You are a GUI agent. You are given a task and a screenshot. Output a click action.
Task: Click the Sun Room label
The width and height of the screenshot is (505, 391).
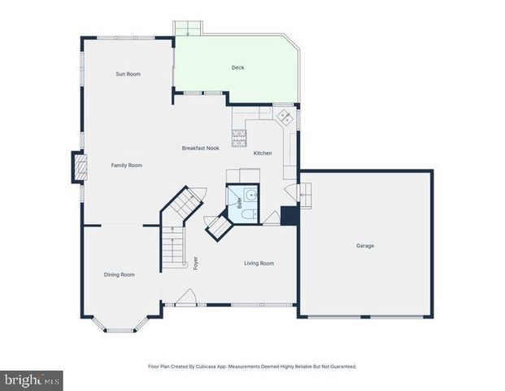128,74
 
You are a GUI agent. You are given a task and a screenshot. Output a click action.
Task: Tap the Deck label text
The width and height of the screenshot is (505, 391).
237,68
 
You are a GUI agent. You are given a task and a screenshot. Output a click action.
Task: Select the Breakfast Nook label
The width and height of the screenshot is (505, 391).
200,148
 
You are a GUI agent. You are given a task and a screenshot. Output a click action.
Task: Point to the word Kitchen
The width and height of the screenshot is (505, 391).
263,153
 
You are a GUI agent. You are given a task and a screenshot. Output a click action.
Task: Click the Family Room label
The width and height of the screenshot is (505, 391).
127,165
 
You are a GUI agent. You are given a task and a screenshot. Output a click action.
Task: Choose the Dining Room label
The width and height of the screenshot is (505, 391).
119,275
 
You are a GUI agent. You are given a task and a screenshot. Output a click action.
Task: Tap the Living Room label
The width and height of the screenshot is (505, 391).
259,263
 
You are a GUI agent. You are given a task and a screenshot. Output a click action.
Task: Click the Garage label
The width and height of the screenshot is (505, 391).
365,245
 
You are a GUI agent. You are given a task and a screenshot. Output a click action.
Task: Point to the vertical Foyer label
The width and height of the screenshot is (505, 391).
195,262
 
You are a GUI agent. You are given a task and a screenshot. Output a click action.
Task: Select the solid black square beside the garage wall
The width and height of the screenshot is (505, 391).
288,216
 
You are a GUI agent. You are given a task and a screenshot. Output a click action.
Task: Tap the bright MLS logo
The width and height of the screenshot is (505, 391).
32,380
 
